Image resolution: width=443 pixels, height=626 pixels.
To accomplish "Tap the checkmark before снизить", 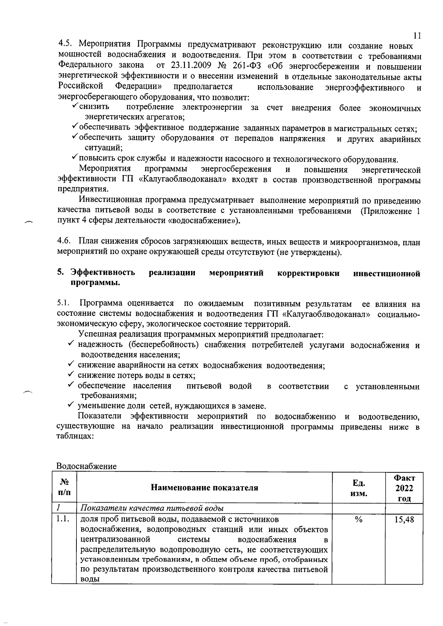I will pos(74,107).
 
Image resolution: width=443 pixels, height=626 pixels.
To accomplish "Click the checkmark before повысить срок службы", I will pos(74,158).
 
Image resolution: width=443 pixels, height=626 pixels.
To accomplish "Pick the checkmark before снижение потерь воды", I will pos(71,375).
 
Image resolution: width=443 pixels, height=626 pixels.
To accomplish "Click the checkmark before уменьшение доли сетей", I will pos(71,406).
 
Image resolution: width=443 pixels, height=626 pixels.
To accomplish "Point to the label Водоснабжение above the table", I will pos(86,466).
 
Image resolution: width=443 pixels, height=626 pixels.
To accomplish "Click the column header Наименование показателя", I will pos(205,488).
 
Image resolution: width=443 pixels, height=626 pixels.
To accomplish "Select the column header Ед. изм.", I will pos(359,488).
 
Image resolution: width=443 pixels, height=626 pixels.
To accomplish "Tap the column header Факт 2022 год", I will pos(404,488).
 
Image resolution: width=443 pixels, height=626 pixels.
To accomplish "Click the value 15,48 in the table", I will pos(404,520).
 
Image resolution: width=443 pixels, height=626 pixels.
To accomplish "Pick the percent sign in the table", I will pos(358,520).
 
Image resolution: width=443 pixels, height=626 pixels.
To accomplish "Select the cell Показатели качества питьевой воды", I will pos(152,508).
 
